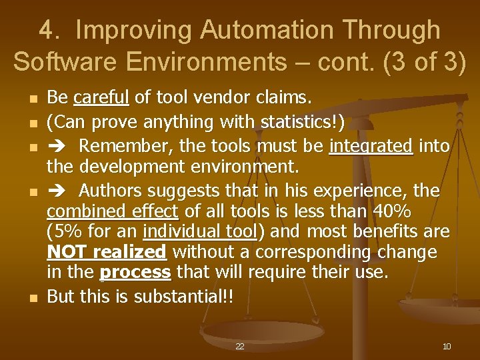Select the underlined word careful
click(101, 99)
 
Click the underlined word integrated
click(371, 145)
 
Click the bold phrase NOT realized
click(106, 252)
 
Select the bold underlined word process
click(135, 273)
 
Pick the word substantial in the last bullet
click(177, 296)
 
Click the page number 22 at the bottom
click(239, 347)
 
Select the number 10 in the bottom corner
click(447, 347)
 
